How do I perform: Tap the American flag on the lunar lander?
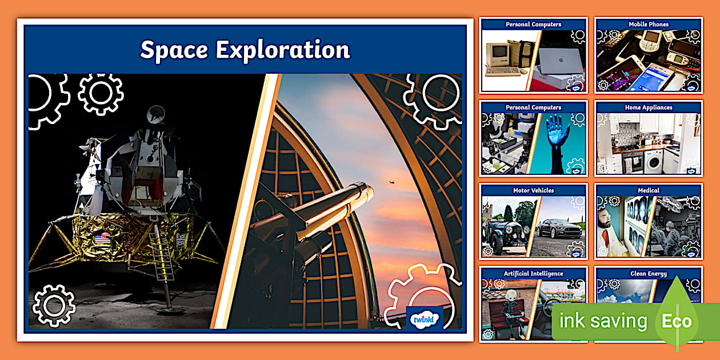click(102, 238)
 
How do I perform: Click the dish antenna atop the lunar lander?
click(155, 115)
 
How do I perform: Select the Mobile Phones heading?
click(649, 25)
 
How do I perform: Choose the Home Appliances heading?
click(649, 107)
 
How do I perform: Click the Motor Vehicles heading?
click(534, 190)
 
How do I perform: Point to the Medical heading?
click(649, 190)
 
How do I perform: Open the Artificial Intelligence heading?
click(534, 274)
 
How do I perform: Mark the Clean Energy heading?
click(649, 274)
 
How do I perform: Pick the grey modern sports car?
click(558, 229)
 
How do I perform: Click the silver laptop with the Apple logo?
click(561, 59)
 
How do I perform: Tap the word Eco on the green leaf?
click(677, 321)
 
